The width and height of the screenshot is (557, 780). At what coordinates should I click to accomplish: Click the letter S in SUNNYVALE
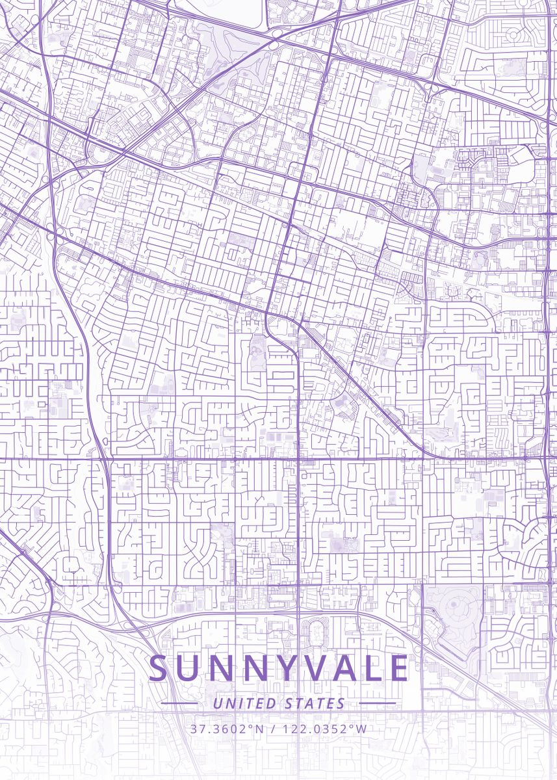point(159,669)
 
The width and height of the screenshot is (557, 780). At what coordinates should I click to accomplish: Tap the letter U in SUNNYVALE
point(189,669)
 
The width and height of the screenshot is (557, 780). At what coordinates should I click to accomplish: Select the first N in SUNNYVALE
point(222,669)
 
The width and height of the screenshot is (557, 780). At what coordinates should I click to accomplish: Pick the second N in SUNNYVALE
point(256,669)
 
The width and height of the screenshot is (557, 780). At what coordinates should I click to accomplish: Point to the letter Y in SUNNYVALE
point(288,669)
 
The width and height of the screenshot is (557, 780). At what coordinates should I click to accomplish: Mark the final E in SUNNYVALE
point(400,669)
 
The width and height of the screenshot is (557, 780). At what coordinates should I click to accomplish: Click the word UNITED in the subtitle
point(246,703)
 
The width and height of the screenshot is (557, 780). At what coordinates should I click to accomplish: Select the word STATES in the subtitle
point(315,703)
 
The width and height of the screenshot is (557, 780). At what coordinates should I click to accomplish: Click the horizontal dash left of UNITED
point(179,703)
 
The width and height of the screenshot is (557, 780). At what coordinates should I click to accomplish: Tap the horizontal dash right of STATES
point(377,703)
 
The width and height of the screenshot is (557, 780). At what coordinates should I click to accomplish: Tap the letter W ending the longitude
point(361,729)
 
